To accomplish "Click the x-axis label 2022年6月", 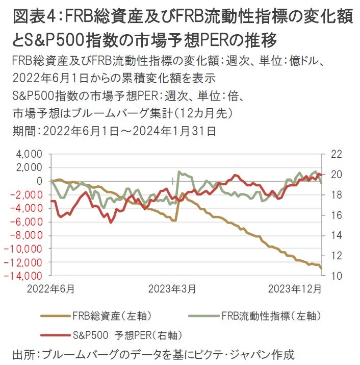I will pos(51,289).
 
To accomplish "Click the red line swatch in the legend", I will pos(54,335).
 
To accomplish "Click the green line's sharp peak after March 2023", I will pos(179,172).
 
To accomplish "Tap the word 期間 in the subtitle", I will pos(22,131).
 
